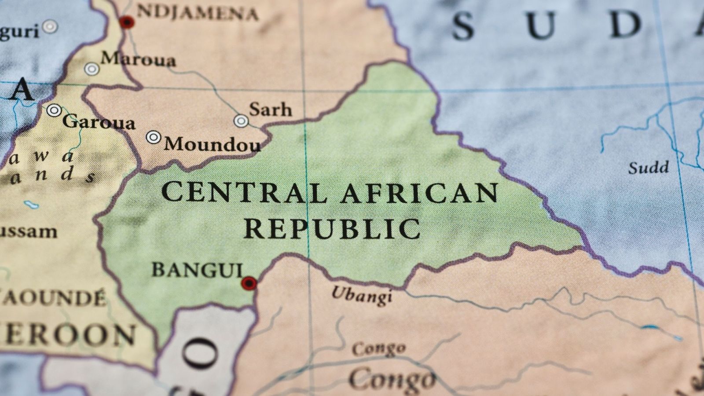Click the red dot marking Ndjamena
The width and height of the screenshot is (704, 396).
(127, 22)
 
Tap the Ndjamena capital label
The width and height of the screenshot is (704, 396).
(197, 13)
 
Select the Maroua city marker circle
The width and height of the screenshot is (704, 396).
(92, 69)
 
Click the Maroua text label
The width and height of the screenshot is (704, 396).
(139, 59)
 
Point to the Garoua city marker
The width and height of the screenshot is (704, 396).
(54, 110)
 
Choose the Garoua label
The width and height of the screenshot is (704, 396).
(99, 122)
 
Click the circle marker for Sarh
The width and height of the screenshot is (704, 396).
(241, 121)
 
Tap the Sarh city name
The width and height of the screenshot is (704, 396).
(270, 109)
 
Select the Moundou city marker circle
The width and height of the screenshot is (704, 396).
(153, 137)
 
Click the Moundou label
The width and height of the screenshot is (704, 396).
(212, 144)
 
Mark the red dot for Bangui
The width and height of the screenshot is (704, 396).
(249, 283)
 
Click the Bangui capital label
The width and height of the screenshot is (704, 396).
(197, 270)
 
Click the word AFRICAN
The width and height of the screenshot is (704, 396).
(420, 193)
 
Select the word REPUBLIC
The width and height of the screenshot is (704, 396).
(332, 228)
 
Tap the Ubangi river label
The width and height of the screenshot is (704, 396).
(362, 295)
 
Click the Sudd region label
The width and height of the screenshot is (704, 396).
(648, 167)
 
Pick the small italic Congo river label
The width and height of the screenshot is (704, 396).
(378, 349)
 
